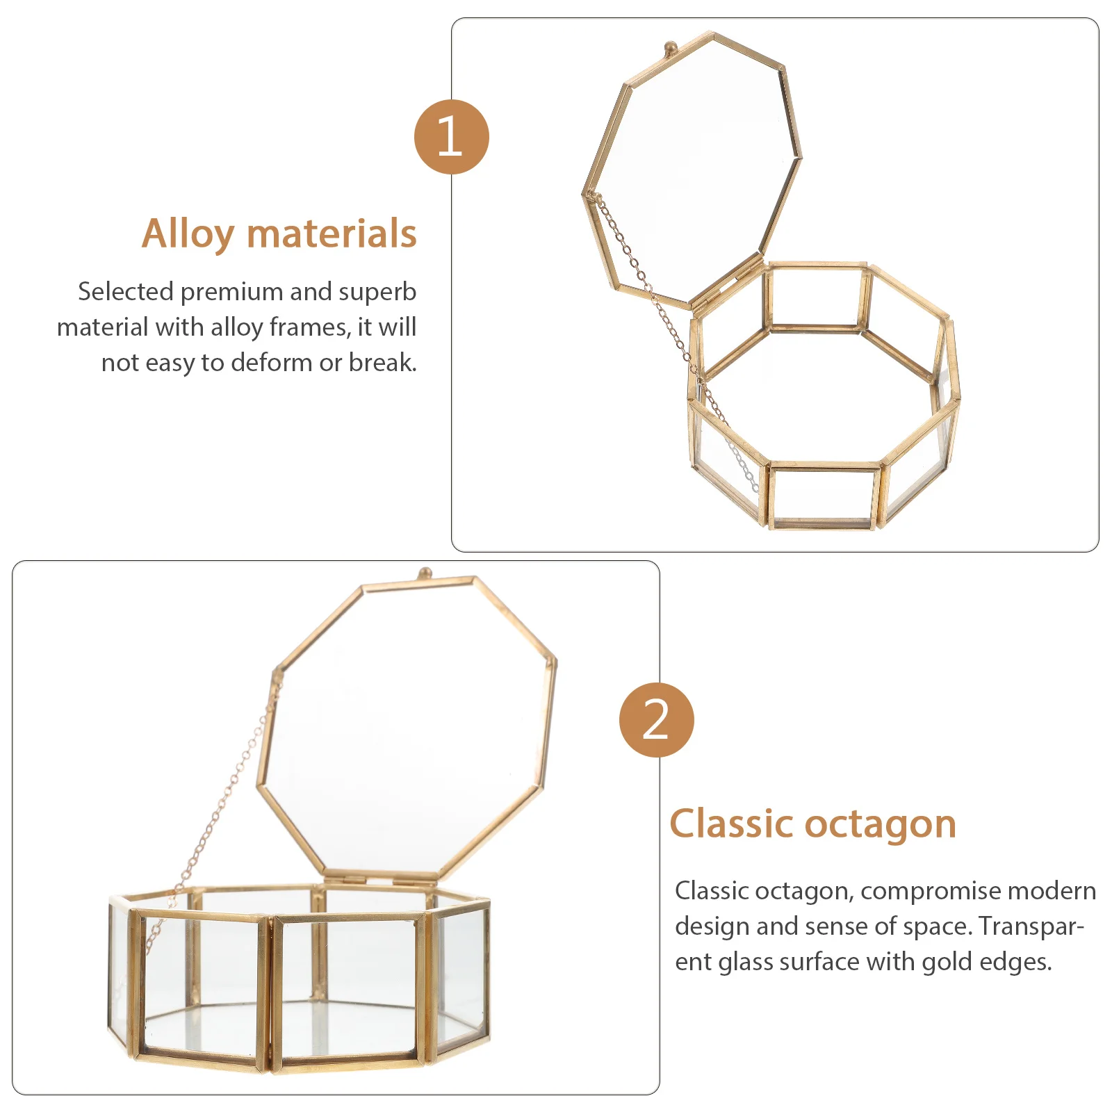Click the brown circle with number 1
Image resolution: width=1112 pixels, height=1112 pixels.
pos(451,136)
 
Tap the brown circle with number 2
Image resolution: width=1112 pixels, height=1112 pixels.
pos(656,719)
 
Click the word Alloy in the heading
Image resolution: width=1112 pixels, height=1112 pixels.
pos(188,234)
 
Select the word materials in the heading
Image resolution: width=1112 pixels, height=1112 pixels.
pos(332,234)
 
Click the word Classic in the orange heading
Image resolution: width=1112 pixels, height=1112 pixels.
pos(731,824)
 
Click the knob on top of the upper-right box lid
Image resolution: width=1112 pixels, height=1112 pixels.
pos(670,48)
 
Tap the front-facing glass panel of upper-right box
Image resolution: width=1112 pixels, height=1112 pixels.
pos(822,495)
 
